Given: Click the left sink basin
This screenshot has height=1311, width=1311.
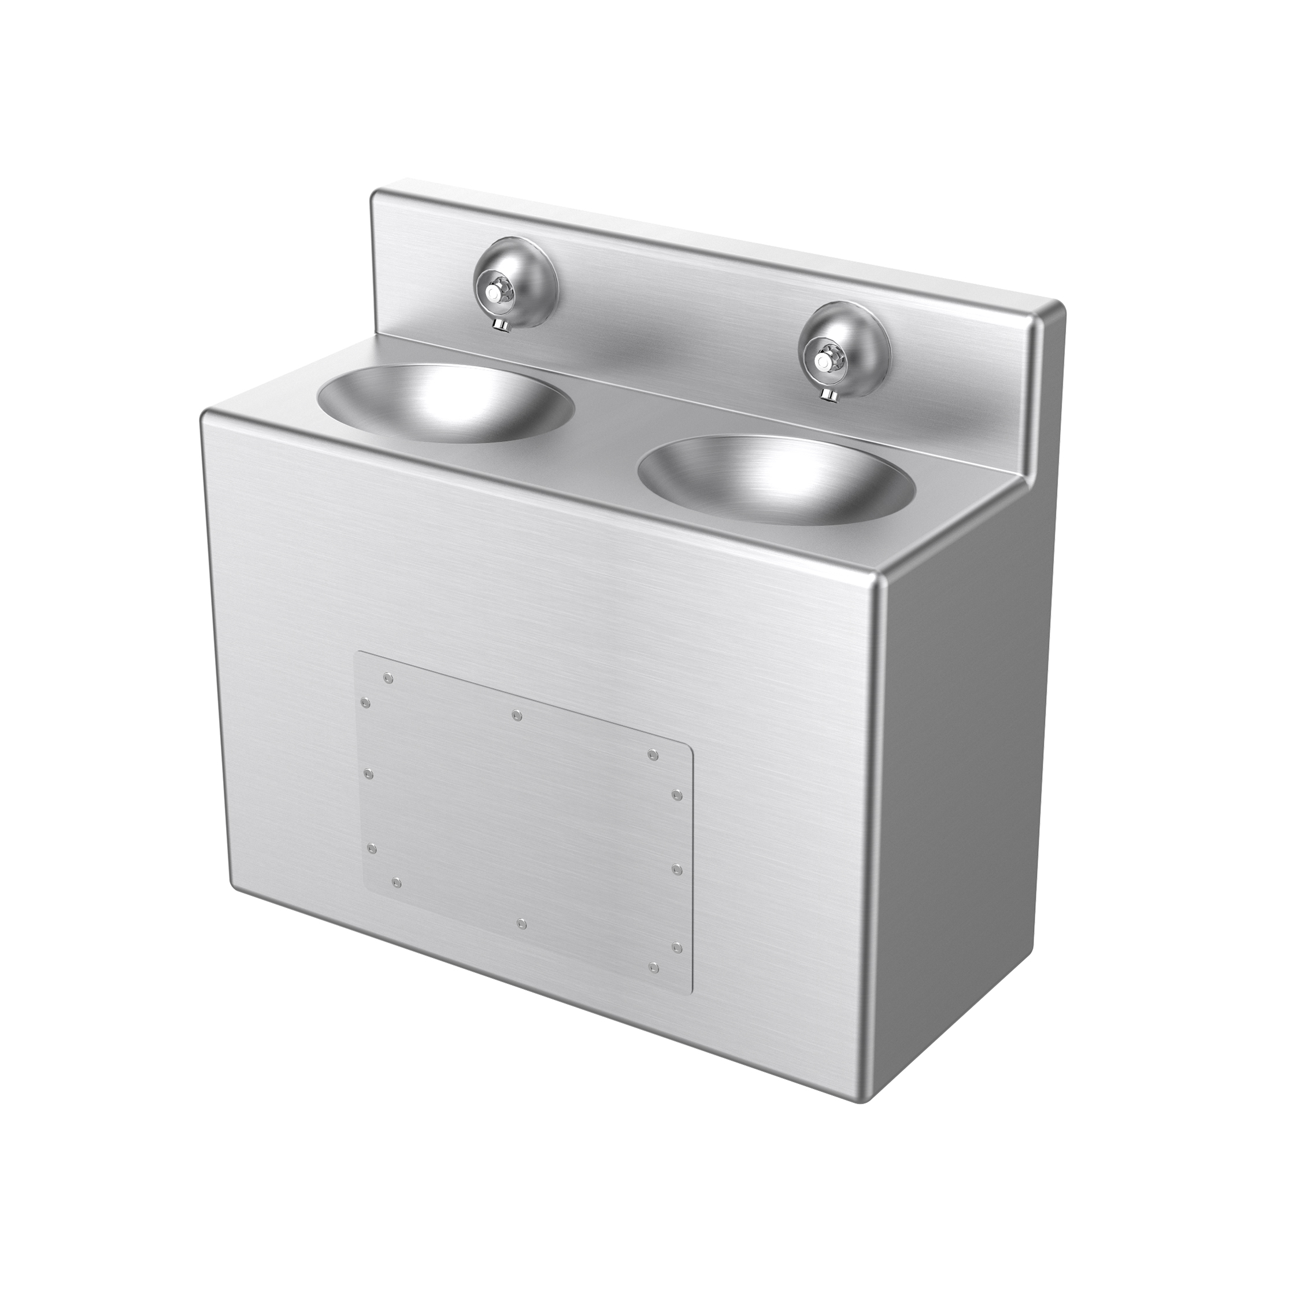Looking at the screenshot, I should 446,403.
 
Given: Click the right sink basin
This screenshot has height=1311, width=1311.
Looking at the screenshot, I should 776,479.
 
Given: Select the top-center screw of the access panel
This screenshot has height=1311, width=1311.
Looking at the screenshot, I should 516,714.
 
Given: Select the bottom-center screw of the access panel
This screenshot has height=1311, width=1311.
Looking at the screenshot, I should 521,924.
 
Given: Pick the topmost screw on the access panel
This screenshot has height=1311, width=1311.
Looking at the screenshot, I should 387,678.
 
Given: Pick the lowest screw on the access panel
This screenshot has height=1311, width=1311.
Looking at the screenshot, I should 653,967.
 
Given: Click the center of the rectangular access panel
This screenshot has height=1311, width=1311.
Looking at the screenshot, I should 523,821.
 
